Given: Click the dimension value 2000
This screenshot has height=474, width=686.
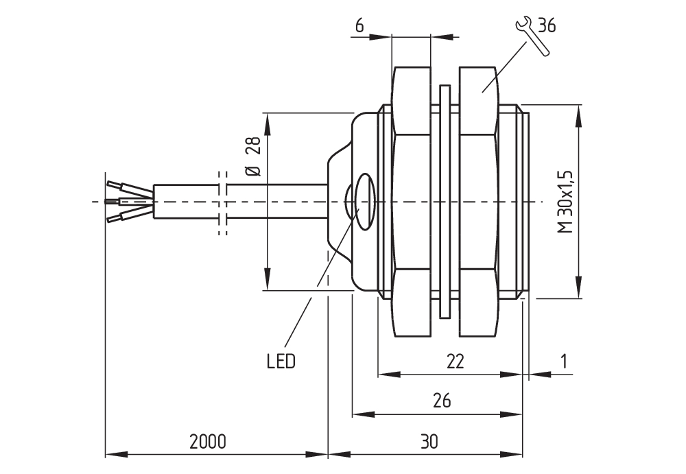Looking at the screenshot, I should pyautogui.click(x=207, y=440).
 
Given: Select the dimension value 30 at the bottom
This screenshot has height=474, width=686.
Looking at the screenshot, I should pyautogui.click(x=429, y=440).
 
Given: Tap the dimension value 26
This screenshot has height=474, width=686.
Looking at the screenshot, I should pyautogui.click(x=442, y=401).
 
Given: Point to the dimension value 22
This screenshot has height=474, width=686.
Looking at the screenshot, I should pyautogui.click(x=455, y=361).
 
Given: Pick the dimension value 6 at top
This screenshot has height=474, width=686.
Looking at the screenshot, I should pyautogui.click(x=359, y=25).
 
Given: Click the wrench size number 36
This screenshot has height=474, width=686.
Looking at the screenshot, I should pyautogui.click(x=547, y=26).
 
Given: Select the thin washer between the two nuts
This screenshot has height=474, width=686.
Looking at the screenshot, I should pyautogui.click(x=445, y=202).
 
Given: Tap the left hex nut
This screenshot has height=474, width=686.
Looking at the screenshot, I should pyautogui.click(x=413, y=202).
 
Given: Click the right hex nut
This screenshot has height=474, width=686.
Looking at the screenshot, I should pyautogui.click(x=478, y=202).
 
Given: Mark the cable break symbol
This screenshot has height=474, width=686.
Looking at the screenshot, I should pyautogui.click(x=222, y=202).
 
